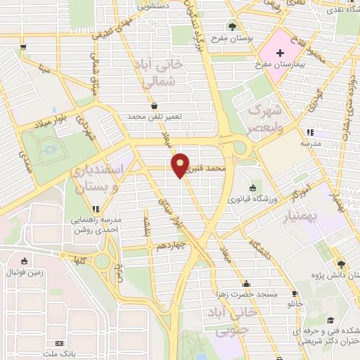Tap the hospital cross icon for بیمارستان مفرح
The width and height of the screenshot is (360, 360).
click(280, 53)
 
